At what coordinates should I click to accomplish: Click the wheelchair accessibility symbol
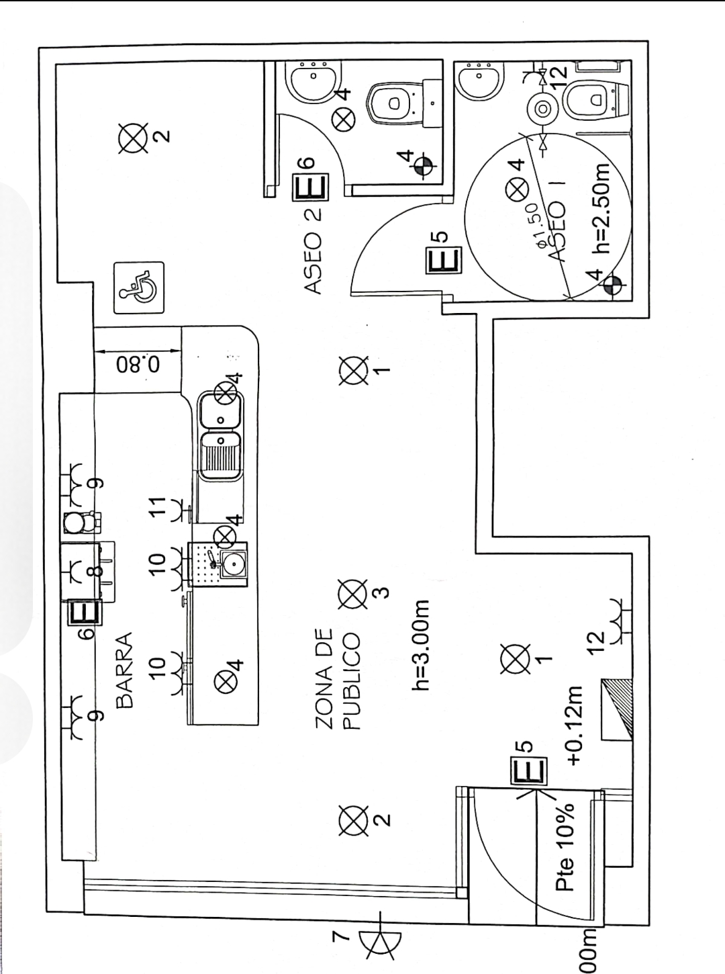click(138, 287)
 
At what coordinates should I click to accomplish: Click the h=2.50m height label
click(599, 208)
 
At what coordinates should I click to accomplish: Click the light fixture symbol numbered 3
click(350, 594)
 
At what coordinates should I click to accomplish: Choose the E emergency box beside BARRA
click(84, 613)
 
